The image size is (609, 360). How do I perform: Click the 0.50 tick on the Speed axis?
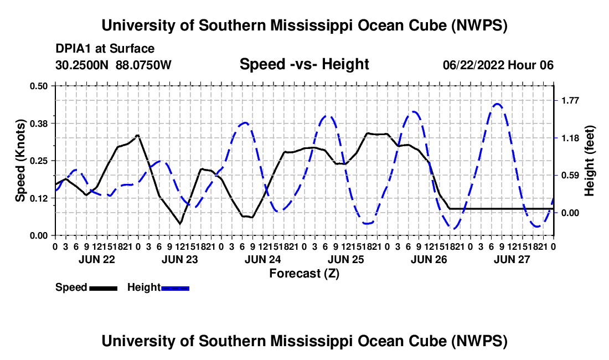pos(38,86)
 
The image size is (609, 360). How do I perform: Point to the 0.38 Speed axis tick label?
pos(38,124)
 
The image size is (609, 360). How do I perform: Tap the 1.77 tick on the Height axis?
pos(570,101)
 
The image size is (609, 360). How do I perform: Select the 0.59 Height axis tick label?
pos(570,176)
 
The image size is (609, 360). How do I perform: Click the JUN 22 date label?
pos(97,259)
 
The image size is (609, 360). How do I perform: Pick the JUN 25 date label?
pos(345,259)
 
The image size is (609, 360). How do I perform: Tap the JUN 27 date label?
pos(512,259)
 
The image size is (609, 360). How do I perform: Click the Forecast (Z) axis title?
pos(304,274)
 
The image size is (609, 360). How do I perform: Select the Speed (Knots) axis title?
pos(20,161)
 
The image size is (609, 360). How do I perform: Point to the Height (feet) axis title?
pos(589,161)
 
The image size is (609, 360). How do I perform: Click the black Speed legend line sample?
pos(104,288)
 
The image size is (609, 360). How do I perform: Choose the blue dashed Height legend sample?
pos(175,288)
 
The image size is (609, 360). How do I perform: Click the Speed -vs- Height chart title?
pos(304,64)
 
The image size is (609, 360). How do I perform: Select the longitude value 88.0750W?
pos(143,65)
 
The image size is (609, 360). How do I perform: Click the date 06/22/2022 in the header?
pos(473,65)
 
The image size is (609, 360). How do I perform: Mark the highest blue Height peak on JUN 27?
pos(497,104)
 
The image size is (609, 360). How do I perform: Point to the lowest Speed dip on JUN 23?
pos(180,224)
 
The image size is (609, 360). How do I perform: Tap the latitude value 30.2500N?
pos(82,65)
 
